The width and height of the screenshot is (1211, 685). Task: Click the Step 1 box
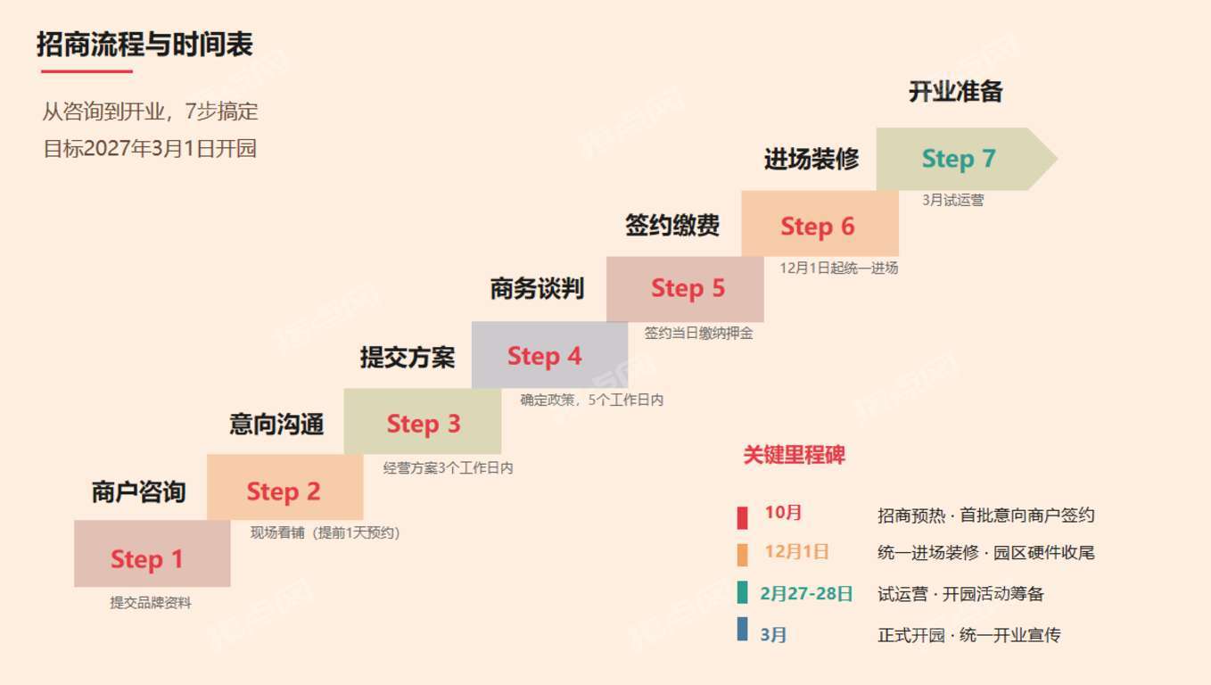coord(152,553)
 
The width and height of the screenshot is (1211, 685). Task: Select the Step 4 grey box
coord(549,355)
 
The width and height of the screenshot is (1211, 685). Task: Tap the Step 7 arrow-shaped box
coord(967,159)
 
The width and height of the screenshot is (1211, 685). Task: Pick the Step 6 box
coord(820,223)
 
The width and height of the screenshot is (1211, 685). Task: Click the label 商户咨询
coord(138,492)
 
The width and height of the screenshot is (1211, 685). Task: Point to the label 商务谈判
coord(537,289)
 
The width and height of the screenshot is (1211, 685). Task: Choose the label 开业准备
coord(955,91)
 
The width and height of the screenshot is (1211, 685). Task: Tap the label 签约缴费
coord(672,225)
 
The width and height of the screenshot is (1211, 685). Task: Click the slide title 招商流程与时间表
coord(144,44)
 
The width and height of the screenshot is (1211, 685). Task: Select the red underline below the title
coord(86,70)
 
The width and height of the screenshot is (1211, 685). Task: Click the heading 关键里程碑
coord(794,455)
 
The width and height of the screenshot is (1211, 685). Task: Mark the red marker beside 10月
coord(742,517)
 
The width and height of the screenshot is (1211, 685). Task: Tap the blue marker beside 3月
coord(742,629)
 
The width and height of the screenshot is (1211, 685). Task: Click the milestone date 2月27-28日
coord(806,594)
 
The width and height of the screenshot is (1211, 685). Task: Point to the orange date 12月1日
coord(796,551)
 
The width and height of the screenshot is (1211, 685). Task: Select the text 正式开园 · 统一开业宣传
coord(968,635)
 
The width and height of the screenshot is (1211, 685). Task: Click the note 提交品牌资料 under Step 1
coord(151,602)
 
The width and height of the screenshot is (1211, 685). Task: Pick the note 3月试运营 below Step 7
coord(952,200)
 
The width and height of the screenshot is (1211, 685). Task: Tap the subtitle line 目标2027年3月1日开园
coord(150,148)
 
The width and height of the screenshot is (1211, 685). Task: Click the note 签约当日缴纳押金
coord(698,333)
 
